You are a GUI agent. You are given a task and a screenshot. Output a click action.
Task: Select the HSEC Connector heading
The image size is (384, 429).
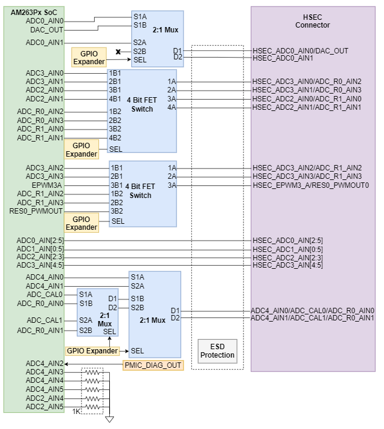coord(312,21)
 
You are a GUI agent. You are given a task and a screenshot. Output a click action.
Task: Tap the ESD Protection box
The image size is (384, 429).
coord(217,350)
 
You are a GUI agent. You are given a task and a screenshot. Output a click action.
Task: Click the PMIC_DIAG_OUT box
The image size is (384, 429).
coord(152,364)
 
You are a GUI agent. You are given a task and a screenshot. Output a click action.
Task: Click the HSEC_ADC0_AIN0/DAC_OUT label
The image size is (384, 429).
coord(300,51)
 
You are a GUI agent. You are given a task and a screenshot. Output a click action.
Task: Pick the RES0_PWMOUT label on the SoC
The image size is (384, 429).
coord(36,211)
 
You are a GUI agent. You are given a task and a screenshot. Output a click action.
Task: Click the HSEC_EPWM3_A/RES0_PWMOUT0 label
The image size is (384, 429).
coord(310,185)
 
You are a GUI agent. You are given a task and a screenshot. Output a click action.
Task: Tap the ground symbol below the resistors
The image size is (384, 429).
coord(109,419)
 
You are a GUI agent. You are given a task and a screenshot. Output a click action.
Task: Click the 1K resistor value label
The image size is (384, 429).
coord(76,412)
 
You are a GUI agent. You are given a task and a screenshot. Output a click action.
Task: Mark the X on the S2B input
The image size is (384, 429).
coord(119,52)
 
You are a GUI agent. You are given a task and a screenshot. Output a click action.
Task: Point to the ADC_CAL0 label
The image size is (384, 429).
coord(45,294)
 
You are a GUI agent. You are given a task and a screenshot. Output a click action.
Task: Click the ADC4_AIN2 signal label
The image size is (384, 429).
coord(44,364)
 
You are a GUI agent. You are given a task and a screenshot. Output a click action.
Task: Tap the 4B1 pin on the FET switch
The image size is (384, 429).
coord(115,98)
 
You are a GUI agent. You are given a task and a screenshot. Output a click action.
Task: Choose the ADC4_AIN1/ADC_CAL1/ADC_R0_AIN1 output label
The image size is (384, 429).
coord(312,317)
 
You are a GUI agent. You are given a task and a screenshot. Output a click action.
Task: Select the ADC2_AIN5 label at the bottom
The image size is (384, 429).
coord(44,407)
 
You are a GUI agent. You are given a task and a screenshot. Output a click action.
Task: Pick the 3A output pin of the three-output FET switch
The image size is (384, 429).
coord(172,185)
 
